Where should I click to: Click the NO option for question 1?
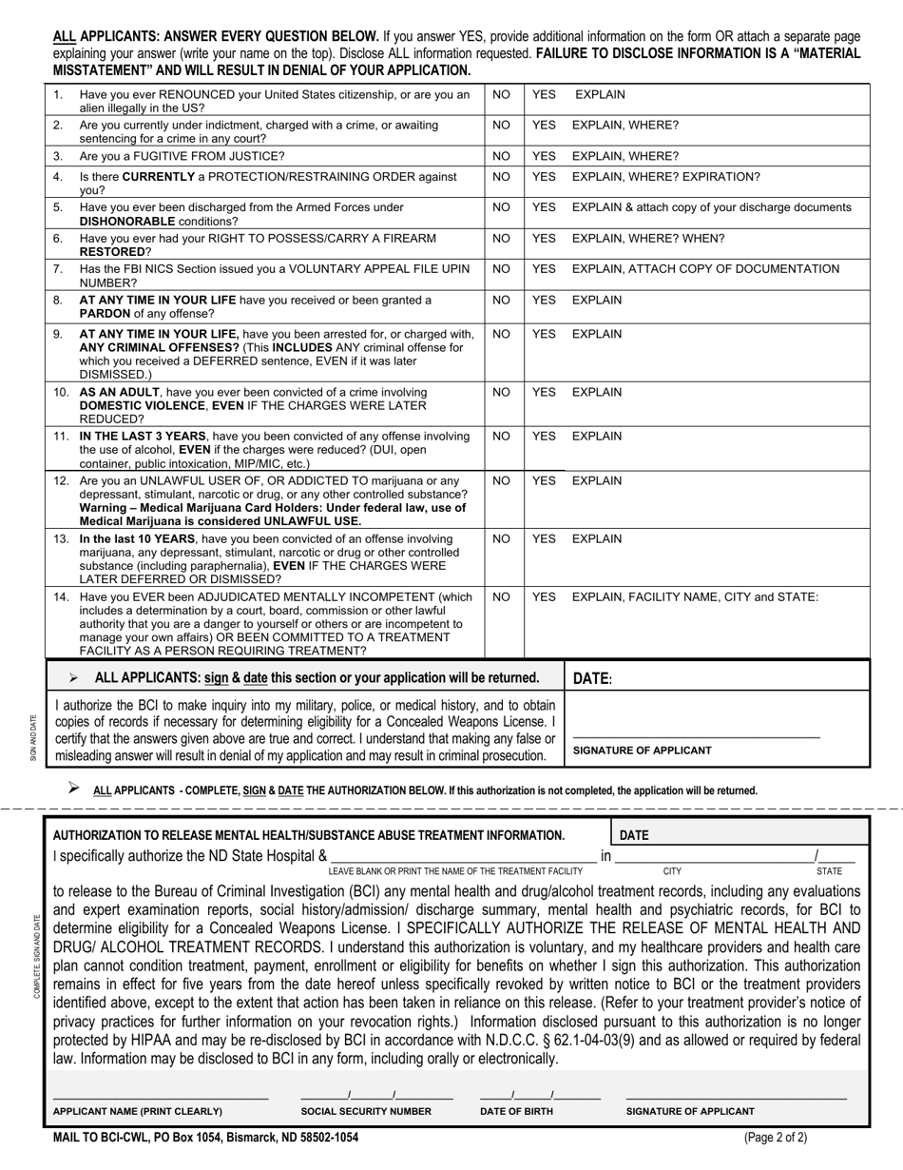(x=502, y=95)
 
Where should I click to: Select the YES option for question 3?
(x=544, y=156)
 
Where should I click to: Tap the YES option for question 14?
(x=544, y=597)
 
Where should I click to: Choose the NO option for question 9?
(x=502, y=334)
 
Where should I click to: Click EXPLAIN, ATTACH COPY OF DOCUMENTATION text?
(x=705, y=269)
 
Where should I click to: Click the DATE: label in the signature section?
(x=592, y=679)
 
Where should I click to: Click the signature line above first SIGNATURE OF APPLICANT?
(x=696, y=736)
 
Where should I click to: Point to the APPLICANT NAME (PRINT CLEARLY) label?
(x=138, y=1111)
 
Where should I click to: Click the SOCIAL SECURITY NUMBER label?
(x=366, y=1111)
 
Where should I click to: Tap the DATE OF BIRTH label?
(x=516, y=1111)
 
